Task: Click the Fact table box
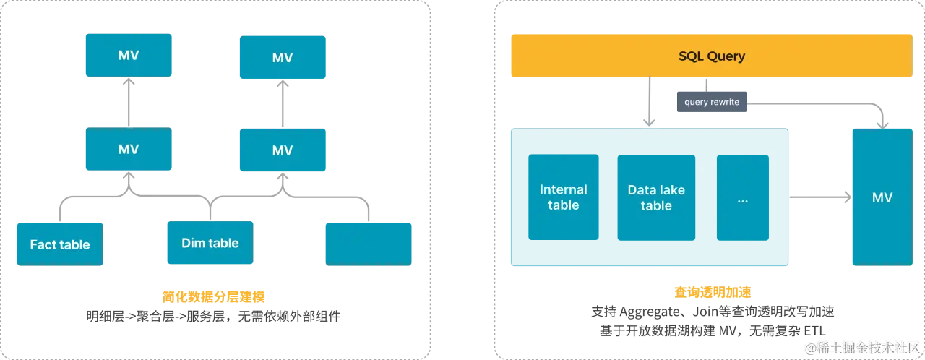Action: coord(59,244)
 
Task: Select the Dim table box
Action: coord(210,243)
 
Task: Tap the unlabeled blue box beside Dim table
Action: coord(369,244)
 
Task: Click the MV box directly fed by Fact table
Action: coord(128,150)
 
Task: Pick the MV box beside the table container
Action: coord(882,197)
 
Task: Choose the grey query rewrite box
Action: coord(712,102)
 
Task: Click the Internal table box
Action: coord(563,197)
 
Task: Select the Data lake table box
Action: coord(655,197)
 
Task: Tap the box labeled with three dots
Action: coord(742,197)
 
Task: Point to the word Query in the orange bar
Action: coord(726,56)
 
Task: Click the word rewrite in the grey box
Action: coord(725,102)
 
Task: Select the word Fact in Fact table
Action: coord(43,244)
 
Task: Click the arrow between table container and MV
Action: coord(820,196)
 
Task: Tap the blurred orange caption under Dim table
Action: coord(212,296)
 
